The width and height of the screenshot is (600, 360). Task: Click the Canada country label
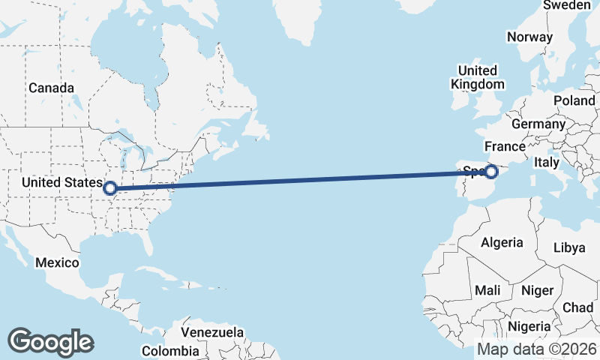click(x=51, y=88)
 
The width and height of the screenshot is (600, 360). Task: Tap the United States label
click(x=61, y=182)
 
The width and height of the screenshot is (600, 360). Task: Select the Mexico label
click(x=58, y=262)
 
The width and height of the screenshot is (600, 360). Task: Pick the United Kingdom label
click(x=477, y=77)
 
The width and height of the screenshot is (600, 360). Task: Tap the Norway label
click(x=529, y=37)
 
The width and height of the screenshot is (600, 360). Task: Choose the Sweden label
click(x=566, y=5)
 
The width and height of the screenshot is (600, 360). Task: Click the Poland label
click(x=574, y=100)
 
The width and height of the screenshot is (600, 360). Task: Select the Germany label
click(x=538, y=124)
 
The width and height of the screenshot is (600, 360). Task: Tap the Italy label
click(x=547, y=162)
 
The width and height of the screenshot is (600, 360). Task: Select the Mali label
click(x=487, y=290)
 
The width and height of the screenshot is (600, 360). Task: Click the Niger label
click(x=537, y=290)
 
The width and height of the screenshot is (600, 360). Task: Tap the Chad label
click(x=577, y=307)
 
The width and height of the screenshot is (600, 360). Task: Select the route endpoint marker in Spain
click(x=491, y=172)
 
